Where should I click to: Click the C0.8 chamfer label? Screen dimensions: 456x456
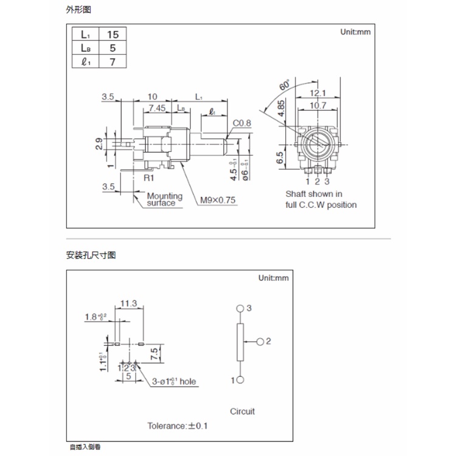(241, 123)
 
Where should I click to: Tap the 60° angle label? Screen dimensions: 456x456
(284, 86)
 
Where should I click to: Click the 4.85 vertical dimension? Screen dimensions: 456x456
(281, 109)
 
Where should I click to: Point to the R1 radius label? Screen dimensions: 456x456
(148, 178)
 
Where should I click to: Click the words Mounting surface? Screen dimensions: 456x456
(164, 199)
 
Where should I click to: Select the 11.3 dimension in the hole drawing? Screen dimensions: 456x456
(128, 303)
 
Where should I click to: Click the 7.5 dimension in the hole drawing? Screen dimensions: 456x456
(155, 353)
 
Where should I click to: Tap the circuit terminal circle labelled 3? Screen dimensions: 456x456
(240, 309)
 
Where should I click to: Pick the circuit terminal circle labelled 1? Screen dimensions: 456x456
(240, 381)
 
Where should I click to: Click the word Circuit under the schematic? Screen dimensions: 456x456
(243, 411)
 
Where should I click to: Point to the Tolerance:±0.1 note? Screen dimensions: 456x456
(178, 426)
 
